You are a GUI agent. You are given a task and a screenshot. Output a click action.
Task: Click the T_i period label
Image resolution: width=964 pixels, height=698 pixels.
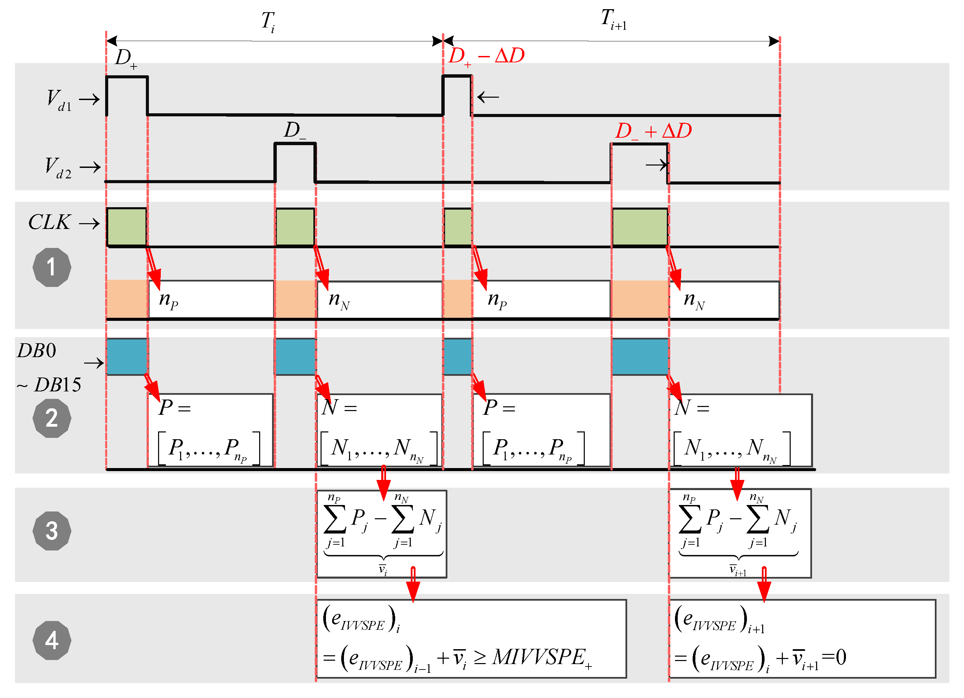pos(268,21)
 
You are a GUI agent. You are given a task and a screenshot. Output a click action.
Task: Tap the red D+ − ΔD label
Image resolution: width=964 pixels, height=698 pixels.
pos(487,56)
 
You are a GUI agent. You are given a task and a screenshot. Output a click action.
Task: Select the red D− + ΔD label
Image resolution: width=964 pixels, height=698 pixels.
pos(653,131)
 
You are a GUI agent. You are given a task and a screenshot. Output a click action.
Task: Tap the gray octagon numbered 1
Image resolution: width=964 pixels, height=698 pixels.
pos(52,267)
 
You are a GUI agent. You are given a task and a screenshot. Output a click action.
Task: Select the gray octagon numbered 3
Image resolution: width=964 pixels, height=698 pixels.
pos(52,530)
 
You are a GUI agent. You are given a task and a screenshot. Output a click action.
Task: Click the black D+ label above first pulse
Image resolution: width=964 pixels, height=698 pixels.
pos(126,58)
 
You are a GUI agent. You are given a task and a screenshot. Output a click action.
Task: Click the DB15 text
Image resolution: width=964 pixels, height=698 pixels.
pos(57,385)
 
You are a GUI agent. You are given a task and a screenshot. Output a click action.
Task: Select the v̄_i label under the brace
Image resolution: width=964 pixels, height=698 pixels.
pos(383,569)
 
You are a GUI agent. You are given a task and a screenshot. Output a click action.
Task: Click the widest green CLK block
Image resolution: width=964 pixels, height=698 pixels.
pos(640,227)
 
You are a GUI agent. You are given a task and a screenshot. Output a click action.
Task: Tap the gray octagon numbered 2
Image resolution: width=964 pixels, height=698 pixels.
pos(52,418)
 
